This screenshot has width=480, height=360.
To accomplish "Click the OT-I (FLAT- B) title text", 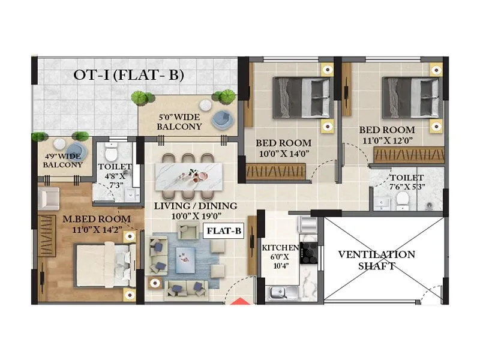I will click(128, 75).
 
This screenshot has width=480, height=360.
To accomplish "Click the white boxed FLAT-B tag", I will click(224, 230).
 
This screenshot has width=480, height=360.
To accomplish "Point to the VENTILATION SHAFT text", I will click(376, 260).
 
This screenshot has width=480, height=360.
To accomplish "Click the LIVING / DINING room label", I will click(195, 211).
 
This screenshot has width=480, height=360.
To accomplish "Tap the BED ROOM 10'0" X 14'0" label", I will click(283, 148).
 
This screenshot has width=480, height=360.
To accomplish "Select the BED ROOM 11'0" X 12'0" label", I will click(386, 134).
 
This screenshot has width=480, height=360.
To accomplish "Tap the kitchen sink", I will click(277, 293).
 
